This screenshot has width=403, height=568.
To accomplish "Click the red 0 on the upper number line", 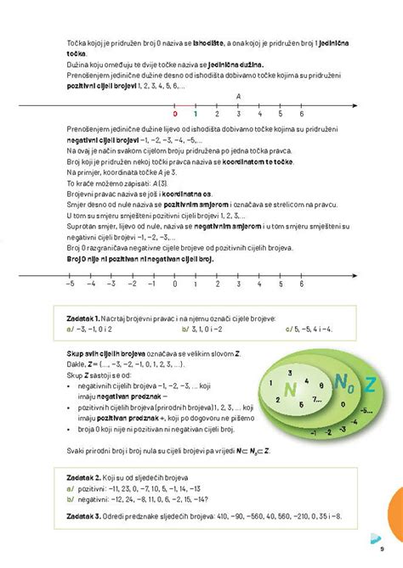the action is pos(175,113).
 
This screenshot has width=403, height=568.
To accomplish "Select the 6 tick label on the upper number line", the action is pos(302,113).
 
